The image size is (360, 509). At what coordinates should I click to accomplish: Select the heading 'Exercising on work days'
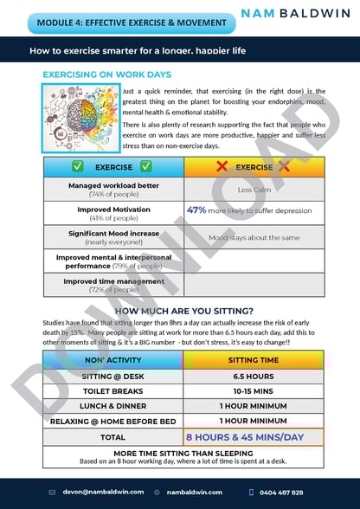107,75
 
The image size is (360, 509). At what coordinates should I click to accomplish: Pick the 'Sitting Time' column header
254,359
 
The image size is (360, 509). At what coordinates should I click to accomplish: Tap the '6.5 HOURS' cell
254,377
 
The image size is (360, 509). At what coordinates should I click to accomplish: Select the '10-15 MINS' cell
254,392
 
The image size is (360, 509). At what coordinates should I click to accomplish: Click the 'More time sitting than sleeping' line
183,452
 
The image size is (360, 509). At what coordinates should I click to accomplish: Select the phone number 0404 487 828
282,492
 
